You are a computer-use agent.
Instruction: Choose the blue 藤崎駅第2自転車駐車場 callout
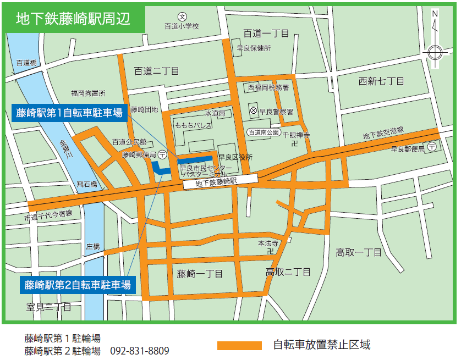pyautogui.click(x=78, y=285)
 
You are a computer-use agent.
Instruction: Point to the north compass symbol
pyautogui.click(x=435, y=52)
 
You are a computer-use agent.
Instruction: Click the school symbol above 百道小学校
pyautogui.click(x=183, y=16)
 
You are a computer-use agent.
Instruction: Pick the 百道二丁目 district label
pyautogui.click(x=157, y=71)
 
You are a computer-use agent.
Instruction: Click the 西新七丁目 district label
pyautogui.click(x=381, y=81)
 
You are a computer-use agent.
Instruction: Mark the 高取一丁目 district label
pyautogui.click(x=359, y=252)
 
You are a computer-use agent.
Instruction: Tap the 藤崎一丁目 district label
pyautogui.click(x=200, y=274)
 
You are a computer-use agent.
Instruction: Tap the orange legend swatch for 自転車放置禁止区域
pyautogui.click(x=239, y=346)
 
